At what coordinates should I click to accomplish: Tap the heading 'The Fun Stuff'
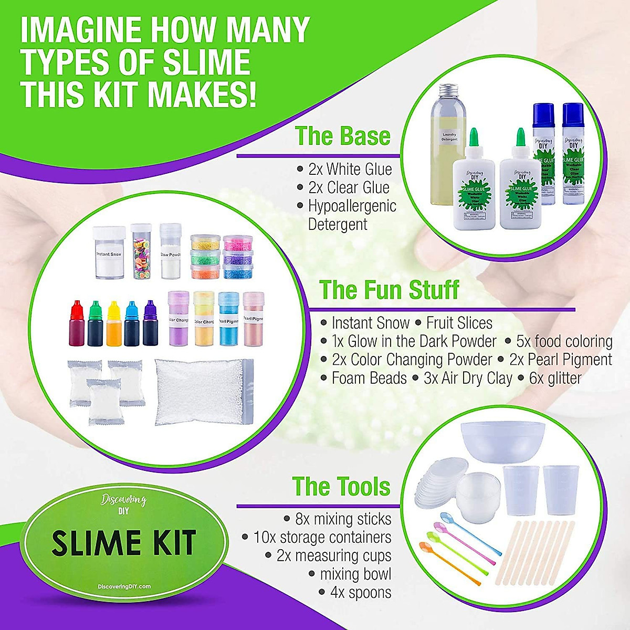389,289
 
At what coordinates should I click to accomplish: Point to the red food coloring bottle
77,324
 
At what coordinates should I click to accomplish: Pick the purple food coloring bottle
150,324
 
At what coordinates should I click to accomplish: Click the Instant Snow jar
109,253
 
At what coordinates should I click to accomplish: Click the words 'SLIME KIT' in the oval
124,543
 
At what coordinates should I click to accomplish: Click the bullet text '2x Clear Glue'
349,187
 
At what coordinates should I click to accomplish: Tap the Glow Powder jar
171,252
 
